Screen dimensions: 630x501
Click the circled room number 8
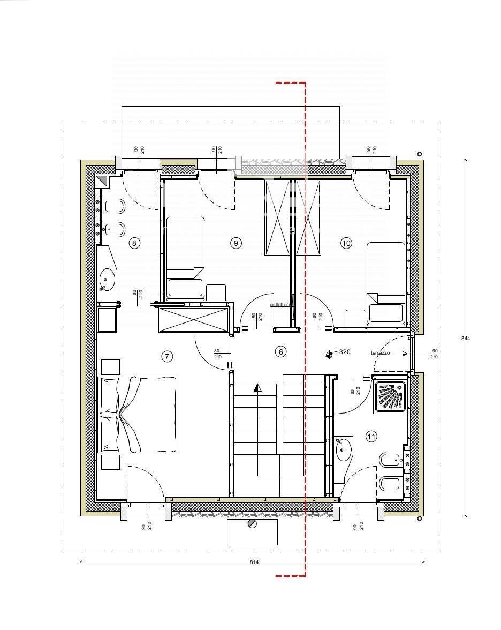(x=134, y=243)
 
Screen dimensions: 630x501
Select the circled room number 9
(x=236, y=243)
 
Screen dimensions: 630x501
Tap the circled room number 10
(x=346, y=243)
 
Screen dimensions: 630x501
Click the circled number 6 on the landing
(x=280, y=352)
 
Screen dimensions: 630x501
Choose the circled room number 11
(x=371, y=437)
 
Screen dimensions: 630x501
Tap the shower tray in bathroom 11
(x=390, y=397)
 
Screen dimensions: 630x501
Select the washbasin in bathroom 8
(x=107, y=279)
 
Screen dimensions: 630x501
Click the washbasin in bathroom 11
(x=344, y=449)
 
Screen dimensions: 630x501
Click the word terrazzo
(x=381, y=353)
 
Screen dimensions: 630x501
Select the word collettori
(x=280, y=305)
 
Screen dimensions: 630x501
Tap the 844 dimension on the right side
(x=466, y=338)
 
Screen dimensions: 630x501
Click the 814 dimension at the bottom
(x=254, y=562)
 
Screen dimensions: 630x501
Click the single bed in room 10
(x=386, y=282)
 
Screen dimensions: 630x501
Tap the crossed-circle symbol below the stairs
(x=252, y=524)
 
